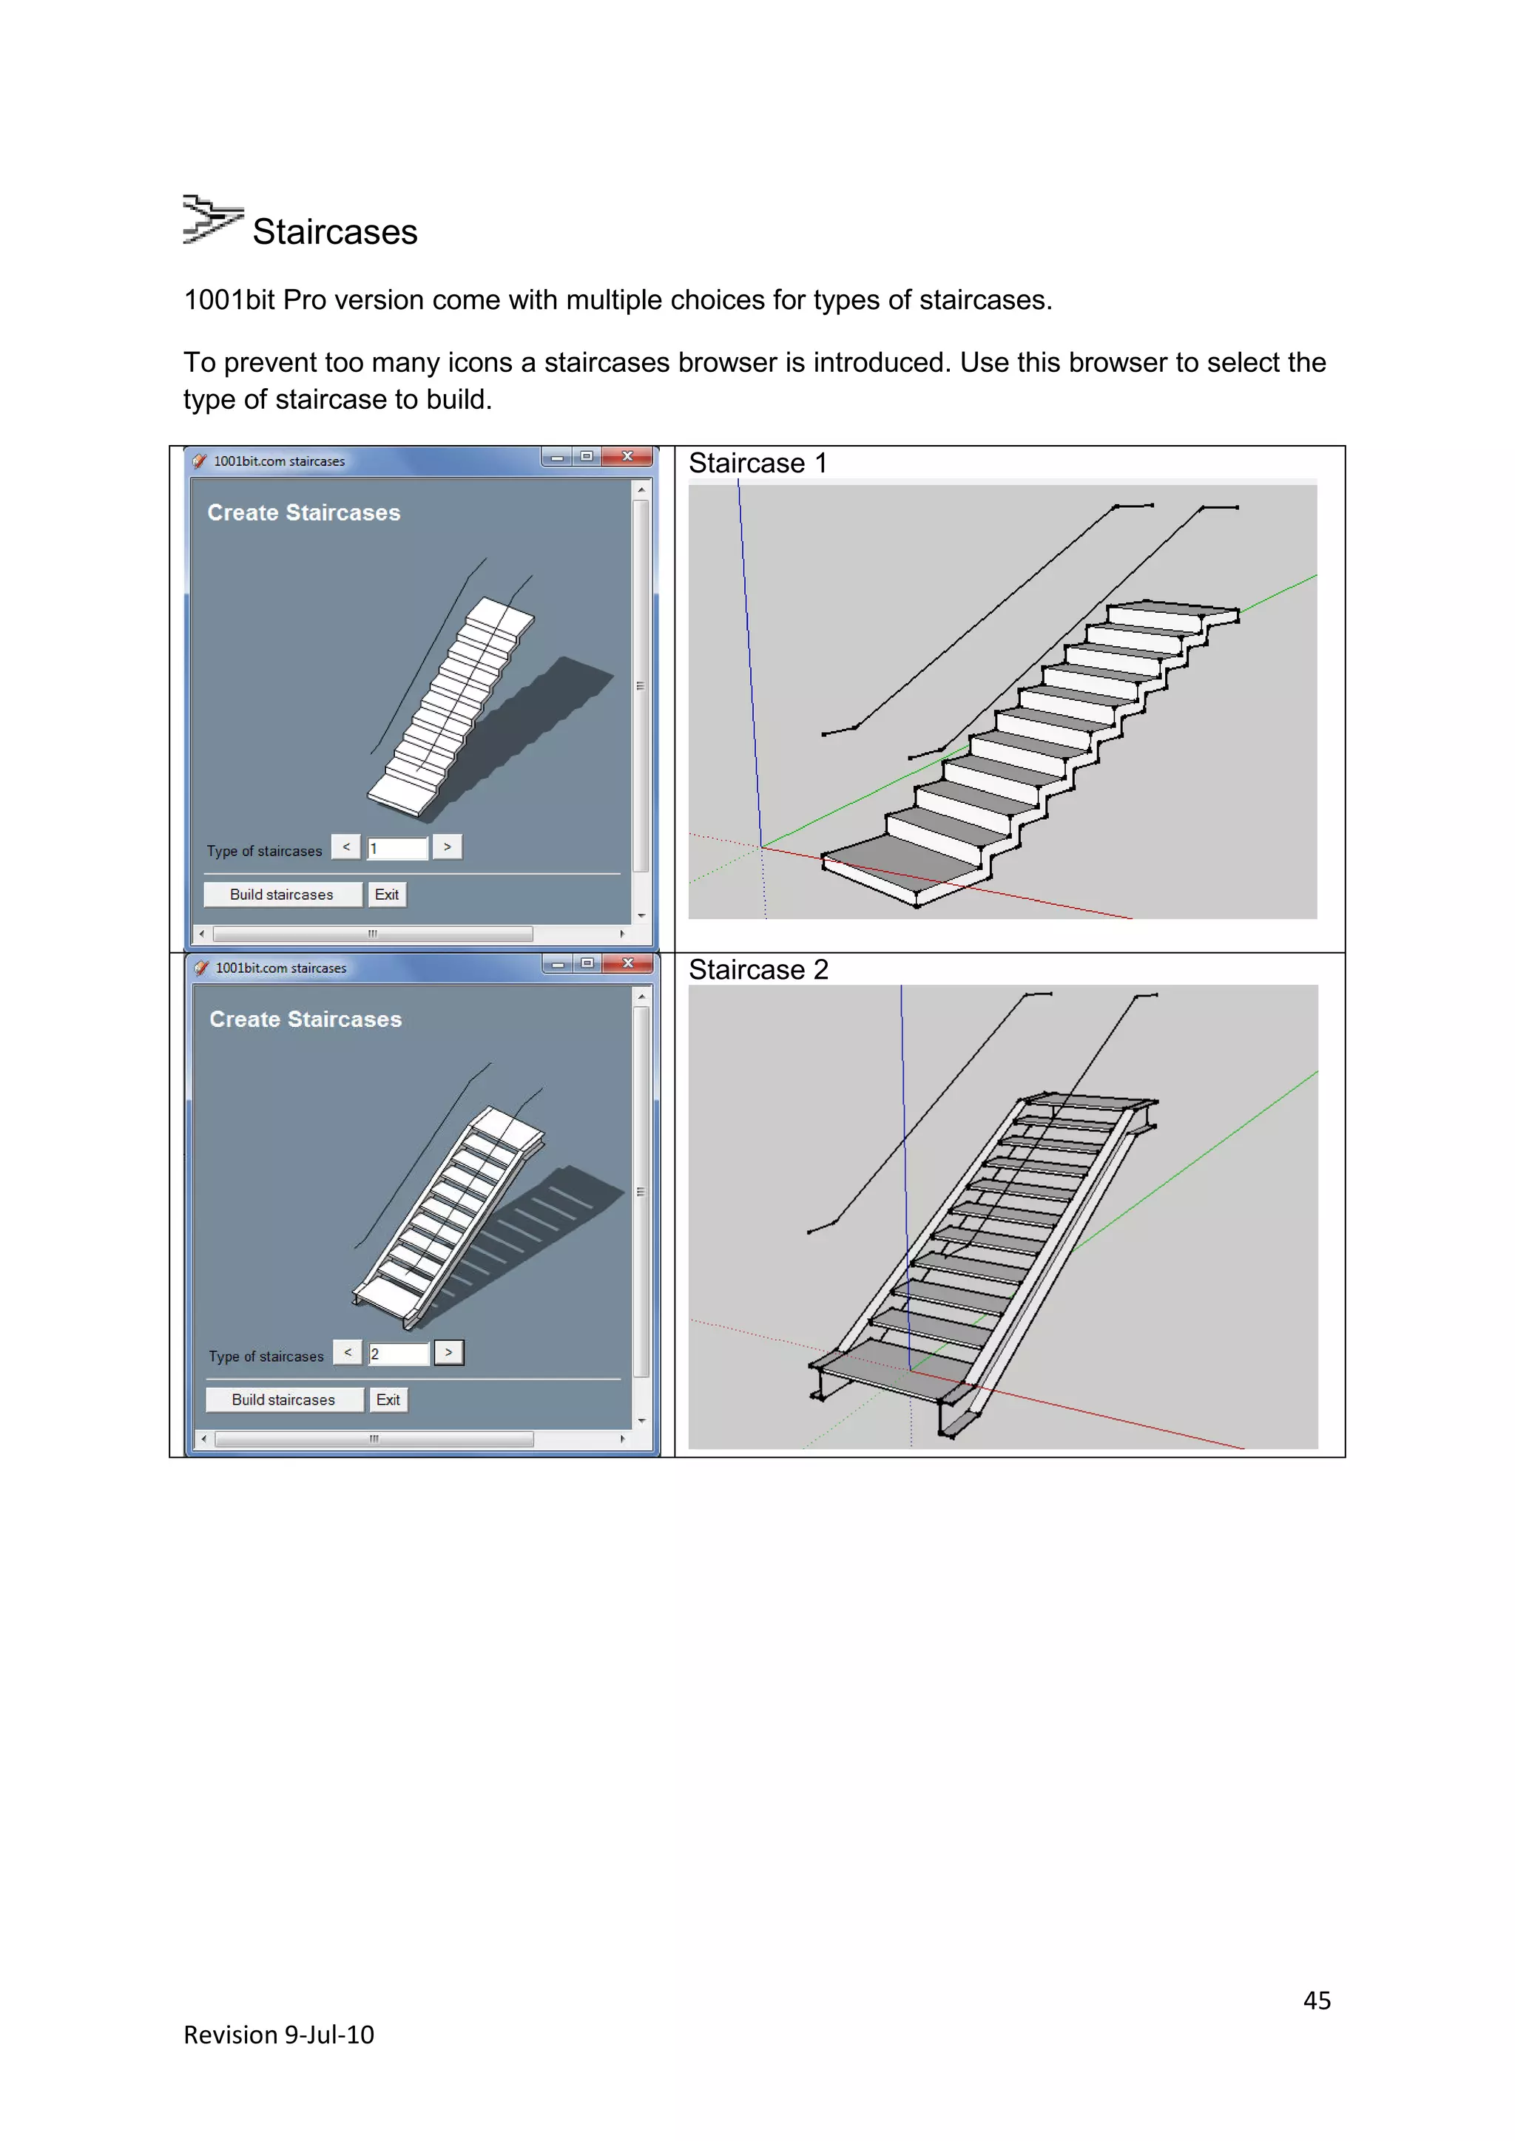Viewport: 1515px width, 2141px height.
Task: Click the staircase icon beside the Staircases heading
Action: tap(212, 220)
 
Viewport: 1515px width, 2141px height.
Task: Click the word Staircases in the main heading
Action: tap(335, 232)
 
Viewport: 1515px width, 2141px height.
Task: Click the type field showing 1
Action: tap(397, 849)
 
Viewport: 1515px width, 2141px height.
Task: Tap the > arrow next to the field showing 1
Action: tap(448, 846)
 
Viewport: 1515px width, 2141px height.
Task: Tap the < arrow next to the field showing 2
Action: tap(348, 1352)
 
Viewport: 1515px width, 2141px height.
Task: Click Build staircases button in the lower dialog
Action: tap(283, 1399)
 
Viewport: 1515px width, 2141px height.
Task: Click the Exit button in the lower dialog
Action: tap(388, 1399)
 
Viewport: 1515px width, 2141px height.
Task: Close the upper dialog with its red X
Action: tap(627, 457)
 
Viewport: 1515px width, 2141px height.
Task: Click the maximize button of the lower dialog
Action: tap(587, 963)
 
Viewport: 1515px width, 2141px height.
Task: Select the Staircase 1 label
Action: tap(757, 464)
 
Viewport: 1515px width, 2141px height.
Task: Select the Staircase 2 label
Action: tap(757, 970)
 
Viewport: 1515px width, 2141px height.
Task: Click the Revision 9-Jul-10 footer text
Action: tap(279, 2035)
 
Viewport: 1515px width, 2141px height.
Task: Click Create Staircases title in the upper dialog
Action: tap(303, 513)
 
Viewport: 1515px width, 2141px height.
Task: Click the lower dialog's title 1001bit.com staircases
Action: tap(281, 968)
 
